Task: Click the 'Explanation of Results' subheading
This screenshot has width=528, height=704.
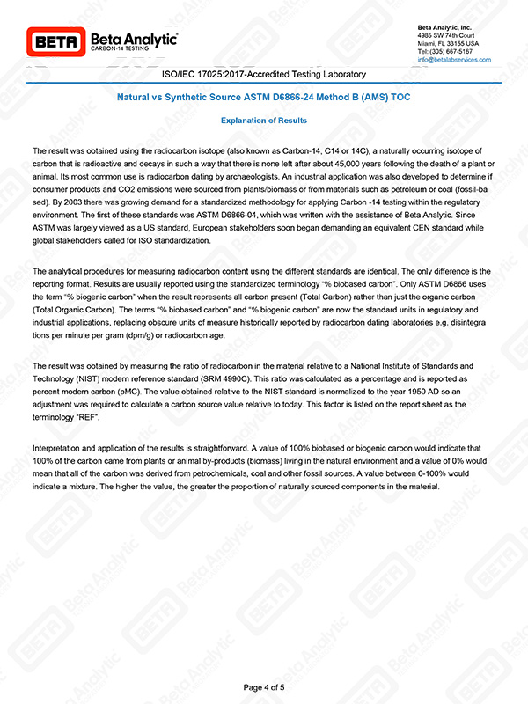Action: pos(263,119)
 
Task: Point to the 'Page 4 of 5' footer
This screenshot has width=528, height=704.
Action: pos(264,686)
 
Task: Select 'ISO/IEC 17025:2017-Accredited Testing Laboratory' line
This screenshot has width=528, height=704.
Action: pos(264,75)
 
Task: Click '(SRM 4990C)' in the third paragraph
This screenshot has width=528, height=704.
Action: pos(226,377)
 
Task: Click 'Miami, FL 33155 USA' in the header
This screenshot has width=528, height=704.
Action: pos(448,43)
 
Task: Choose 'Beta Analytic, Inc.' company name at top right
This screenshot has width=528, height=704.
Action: pos(444,27)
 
